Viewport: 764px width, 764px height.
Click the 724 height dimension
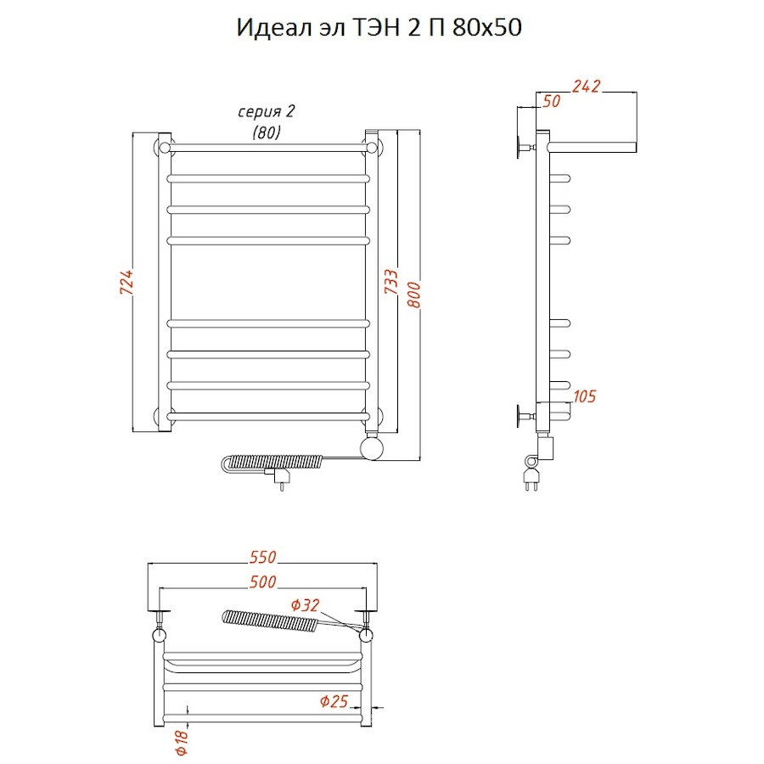pos(125,282)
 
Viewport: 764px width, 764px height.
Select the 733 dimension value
pos(390,282)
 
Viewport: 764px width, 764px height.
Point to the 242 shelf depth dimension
pos(586,86)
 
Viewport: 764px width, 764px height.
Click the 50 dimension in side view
pos(550,101)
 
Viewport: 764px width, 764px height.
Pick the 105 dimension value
pos(585,396)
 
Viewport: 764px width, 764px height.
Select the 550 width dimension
pos(263,558)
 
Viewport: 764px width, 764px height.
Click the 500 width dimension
pos(263,581)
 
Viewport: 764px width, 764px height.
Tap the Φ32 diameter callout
pos(305,605)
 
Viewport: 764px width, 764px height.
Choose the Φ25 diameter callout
pos(334,701)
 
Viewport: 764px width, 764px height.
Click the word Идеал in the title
pos(271,28)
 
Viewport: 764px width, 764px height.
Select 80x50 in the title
pos(491,28)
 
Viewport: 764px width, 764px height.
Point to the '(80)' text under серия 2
pos(266,132)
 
